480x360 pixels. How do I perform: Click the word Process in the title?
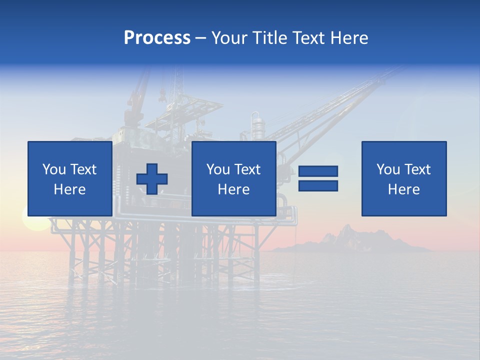tap(157, 37)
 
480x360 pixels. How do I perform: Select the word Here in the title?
tap(349, 37)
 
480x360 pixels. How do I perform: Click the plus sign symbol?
tap(152, 179)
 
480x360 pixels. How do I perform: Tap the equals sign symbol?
tap(318, 178)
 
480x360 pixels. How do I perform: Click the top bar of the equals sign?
tap(318, 171)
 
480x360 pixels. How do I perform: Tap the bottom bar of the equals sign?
tap(318, 185)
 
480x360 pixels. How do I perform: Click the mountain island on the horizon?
tap(350, 240)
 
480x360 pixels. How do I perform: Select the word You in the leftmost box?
tap(54, 169)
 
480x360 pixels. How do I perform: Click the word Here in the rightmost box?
tap(404, 189)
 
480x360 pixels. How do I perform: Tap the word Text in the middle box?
tap(247, 169)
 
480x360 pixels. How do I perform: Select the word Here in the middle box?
tap(234, 189)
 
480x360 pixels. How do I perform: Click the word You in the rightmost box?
tap(388, 169)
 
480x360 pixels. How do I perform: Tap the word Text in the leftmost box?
tap(83, 169)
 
